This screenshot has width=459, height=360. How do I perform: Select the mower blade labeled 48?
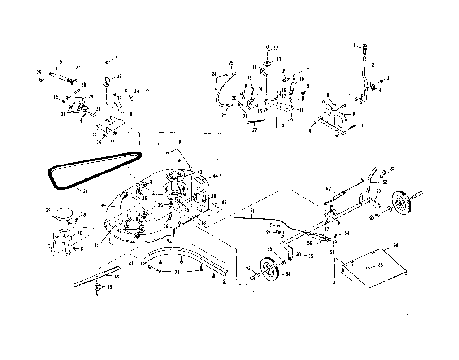pyautogui.click(x=90, y=279)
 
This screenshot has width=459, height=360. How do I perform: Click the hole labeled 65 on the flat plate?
pyautogui.click(x=367, y=268)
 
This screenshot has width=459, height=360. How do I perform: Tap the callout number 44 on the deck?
pyautogui.click(x=215, y=176)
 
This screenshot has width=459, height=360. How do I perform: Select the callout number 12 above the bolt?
pyautogui.click(x=276, y=48)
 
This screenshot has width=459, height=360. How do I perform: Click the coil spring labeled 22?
pyautogui.click(x=257, y=121)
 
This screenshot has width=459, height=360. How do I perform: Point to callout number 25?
pyautogui.click(x=231, y=63)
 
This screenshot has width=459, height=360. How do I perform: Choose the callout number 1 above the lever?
pyautogui.click(x=354, y=44)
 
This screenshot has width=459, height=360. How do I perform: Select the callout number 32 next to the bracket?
pyautogui.click(x=119, y=76)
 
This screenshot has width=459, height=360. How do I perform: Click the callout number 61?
pyautogui.click(x=392, y=169)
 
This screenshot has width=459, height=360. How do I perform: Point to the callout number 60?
pyautogui.click(x=328, y=188)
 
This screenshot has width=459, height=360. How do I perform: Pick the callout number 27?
pyautogui.click(x=78, y=68)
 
